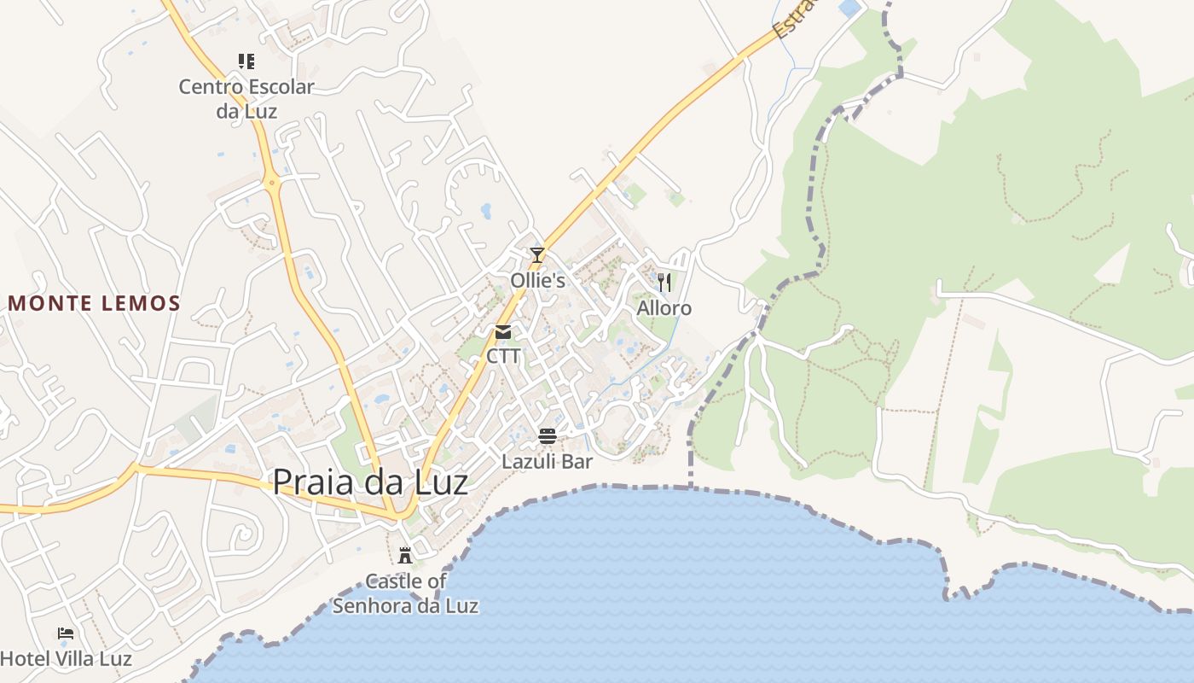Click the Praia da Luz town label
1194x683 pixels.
point(370,482)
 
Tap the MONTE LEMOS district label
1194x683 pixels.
point(95,303)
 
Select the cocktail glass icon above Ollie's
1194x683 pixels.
point(536,255)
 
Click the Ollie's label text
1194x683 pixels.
point(537,280)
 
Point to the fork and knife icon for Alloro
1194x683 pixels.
point(664,282)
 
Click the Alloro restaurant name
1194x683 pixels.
point(664,308)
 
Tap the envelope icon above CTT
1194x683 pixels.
point(503,332)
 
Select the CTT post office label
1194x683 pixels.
point(503,356)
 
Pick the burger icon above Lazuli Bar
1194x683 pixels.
point(548,436)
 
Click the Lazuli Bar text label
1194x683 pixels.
point(547,461)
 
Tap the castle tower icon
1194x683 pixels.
point(405,556)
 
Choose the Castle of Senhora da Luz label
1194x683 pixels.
point(405,594)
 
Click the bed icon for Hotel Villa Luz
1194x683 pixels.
point(66,633)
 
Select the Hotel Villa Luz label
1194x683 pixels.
point(66,659)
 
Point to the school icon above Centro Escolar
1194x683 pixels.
point(246,61)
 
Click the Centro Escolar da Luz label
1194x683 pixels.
point(246,98)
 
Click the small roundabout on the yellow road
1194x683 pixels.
point(271,182)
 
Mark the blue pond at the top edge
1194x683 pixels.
point(850,8)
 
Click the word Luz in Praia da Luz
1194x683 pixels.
point(438,482)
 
